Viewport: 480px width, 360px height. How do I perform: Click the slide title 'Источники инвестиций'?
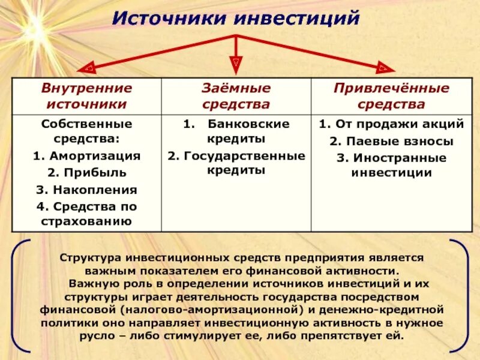236,17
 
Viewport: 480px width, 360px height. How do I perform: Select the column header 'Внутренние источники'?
86,96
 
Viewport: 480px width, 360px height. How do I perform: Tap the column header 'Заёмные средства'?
236,96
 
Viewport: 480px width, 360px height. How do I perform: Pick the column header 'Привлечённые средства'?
391,96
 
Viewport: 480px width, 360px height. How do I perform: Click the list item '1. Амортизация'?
86,156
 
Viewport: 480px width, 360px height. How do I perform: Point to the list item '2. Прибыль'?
86,173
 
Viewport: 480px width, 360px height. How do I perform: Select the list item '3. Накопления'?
86,190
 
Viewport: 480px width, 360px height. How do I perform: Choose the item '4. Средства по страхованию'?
86,214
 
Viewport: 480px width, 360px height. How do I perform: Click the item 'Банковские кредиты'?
240,131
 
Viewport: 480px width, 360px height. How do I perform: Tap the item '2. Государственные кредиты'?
236,163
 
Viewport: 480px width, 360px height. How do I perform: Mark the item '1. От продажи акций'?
391,124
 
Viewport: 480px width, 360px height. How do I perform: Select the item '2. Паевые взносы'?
391,142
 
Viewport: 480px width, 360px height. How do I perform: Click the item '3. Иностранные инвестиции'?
391,165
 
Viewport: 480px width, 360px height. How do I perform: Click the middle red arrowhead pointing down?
236,61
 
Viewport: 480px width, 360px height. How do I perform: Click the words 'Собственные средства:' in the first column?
86,131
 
